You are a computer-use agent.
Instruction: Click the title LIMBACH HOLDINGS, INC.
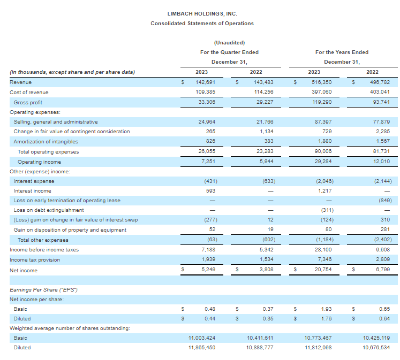[202, 14]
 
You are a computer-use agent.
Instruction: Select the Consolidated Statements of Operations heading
[202, 24]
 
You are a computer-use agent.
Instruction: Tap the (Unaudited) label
[229, 43]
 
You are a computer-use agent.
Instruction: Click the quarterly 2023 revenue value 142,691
[206, 82]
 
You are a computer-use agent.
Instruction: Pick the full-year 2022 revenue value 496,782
[380, 82]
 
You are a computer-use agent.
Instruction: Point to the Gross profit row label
[28, 102]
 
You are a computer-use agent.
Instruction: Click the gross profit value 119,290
[322, 102]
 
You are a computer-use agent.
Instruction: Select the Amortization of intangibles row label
[46, 142]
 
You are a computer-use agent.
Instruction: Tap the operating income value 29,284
[323, 162]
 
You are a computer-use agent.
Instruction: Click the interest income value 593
[211, 191]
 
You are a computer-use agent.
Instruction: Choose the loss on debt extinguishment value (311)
[327, 210]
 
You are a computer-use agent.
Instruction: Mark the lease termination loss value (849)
[385, 201]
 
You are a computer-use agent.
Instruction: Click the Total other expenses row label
[43, 240]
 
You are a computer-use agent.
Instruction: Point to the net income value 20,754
[323, 269]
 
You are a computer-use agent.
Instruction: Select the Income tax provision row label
[35, 260]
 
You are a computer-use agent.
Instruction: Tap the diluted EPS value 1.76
[327, 319]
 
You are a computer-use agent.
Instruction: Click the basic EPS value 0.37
[268, 309]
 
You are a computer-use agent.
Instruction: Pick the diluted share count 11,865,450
[202, 348]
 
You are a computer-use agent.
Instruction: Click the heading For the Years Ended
[342, 52]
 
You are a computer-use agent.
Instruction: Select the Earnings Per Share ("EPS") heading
[43, 290]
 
